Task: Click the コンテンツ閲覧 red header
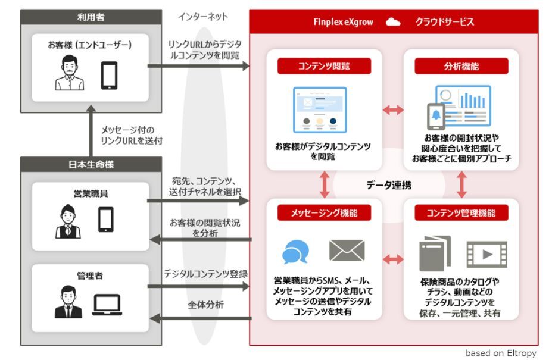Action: click(324, 66)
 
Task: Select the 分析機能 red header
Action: click(461, 66)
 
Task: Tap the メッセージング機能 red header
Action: click(324, 212)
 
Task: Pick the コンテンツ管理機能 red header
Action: click(461, 212)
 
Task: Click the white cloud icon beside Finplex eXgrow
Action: click(393, 23)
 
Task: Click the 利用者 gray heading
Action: click(91, 17)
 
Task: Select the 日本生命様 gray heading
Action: click(91, 164)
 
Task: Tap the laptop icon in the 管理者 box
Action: click(107, 305)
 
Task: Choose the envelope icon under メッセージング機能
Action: click(347, 251)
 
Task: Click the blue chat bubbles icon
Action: click(295, 252)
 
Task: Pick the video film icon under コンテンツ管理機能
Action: click(486, 254)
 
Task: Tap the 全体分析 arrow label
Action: click(205, 305)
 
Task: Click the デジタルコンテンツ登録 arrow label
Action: click(205, 274)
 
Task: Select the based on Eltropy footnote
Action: click(500, 353)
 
